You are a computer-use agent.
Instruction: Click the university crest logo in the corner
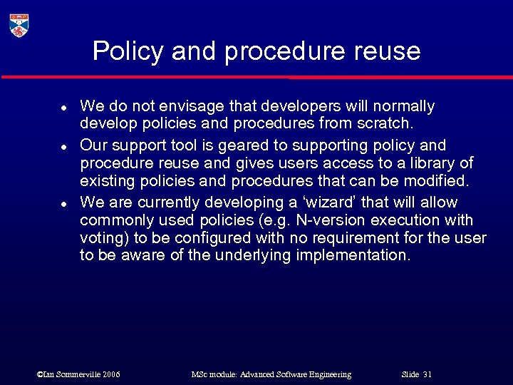point(19,25)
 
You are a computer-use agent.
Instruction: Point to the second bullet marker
point(63,147)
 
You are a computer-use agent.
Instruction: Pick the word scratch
point(387,124)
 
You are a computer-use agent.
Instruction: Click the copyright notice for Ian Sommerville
point(78,374)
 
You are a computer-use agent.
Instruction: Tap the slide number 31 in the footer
point(427,374)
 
